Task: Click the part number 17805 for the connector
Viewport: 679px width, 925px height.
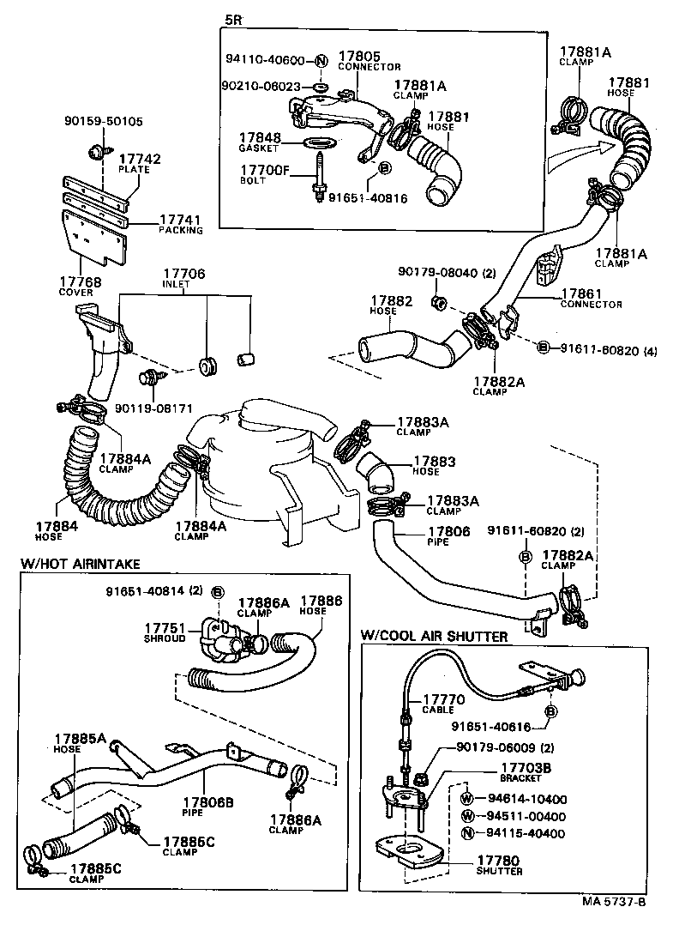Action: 361,57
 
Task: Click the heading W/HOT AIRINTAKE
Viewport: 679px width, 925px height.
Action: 79,564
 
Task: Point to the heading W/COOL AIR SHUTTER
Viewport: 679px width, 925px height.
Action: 433,636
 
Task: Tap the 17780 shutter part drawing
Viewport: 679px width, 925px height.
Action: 411,849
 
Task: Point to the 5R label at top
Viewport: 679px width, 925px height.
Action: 232,19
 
